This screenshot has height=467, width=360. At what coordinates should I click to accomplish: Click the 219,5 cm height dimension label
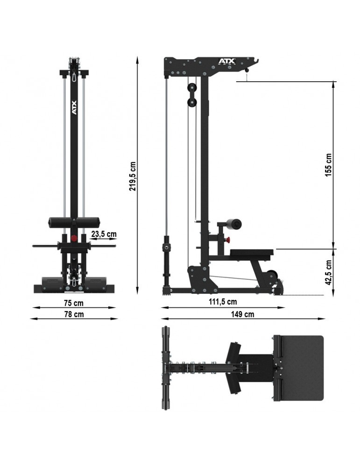[x=133, y=177]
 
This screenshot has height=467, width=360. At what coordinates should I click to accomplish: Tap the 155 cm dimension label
[x=328, y=165]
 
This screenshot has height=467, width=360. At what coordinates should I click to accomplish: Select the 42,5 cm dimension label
[x=328, y=273]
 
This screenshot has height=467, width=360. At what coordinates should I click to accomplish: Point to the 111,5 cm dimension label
[x=223, y=302]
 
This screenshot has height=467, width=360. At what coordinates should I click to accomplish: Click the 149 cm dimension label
[x=243, y=314]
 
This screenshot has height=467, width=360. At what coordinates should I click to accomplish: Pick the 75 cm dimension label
[x=74, y=303]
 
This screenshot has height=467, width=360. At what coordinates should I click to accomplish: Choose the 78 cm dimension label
[x=74, y=314]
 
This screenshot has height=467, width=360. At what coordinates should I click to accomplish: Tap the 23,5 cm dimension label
[x=104, y=234]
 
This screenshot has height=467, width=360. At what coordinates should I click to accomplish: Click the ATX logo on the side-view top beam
[x=227, y=61]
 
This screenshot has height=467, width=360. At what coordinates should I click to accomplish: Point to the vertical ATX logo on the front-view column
[x=74, y=107]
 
